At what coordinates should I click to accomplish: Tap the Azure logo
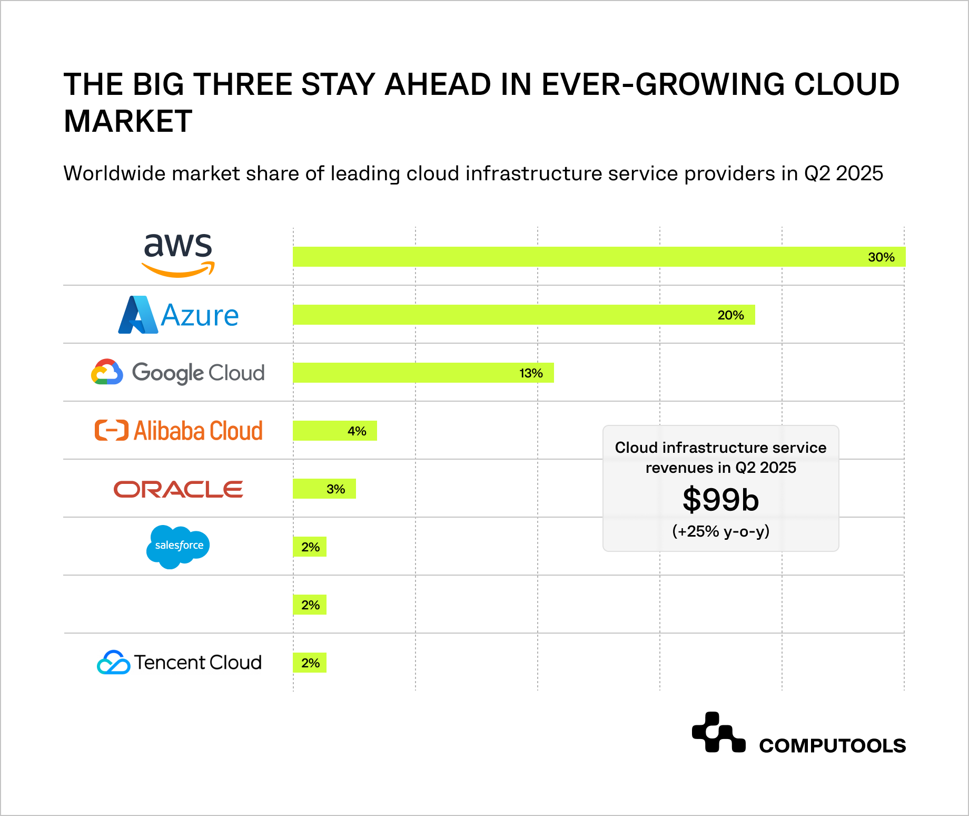pyautogui.click(x=178, y=315)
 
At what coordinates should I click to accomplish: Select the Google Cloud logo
pyautogui.click(x=178, y=373)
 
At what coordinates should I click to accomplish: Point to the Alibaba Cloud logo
pyautogui.click(x=178, y=431)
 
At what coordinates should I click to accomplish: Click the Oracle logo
pyautogui.click(x=178, y=489)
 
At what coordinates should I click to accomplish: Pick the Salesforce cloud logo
pyautogui.click(x=178, y=547)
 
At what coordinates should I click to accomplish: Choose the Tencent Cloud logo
pyautogui.click(x=179, y=663)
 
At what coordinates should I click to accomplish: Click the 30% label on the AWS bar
pyautogui.click(x=881, y=257)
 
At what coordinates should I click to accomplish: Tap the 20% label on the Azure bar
pyautogui.click(x=730, y=315)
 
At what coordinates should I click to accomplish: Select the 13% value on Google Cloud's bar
pyautogui.click(x=531, y=373)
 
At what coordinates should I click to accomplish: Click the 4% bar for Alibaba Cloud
pyautogui.click(x=335, y=431)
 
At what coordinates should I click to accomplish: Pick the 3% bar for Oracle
pyautogui.click(x=324, y=489)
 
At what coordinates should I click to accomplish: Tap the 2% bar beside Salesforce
pyautogui.click(x=310, y=547)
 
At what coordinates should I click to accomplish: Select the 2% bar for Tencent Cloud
pyautogui.click(x=310, y=663)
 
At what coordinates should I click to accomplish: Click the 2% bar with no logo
pyautogui.click(x=310, y=605)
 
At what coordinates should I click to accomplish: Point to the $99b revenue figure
pyautogui.click(x=720, y=500)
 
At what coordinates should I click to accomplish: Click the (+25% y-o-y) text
pyautogui.click(x=720, y=531)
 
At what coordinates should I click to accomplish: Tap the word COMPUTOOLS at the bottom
pyautogui.click(x=832, y=746)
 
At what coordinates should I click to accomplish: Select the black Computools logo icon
pyautogui.click(x=718, y=733)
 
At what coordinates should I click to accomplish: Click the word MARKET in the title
pyautogui.click(x=128, y=121)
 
